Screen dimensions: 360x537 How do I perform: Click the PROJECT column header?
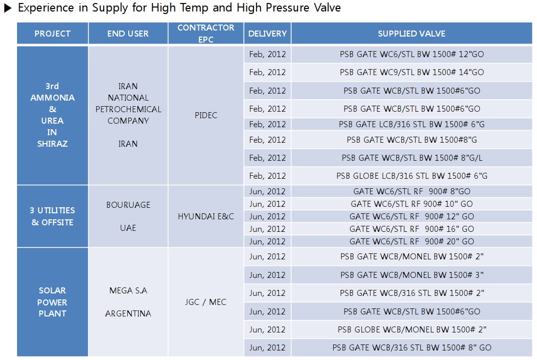[52, 34]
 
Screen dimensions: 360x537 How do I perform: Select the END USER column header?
[128, 34]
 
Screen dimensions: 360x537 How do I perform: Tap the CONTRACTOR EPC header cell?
[206, 33]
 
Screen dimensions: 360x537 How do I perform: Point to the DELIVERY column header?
[267, 34]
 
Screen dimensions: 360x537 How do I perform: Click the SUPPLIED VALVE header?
[411, 34]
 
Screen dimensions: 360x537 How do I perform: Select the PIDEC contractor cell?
[206, 115]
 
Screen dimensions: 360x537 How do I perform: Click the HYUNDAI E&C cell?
[206, 216]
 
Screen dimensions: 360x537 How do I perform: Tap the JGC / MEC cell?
[206, 302]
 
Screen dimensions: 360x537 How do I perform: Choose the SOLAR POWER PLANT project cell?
[52, 302]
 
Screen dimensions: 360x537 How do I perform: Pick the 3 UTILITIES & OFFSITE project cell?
[52, 216]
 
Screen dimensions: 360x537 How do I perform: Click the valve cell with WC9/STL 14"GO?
[411, 72]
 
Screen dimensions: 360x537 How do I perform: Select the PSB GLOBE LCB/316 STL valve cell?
[411, 176]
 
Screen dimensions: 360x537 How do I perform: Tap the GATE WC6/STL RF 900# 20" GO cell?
[411, 241]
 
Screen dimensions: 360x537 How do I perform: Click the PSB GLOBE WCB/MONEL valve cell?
[411, 329]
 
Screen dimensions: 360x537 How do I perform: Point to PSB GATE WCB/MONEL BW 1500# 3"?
[411, 275]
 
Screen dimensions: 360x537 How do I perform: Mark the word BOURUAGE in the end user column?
[128, 205]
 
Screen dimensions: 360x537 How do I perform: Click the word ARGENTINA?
[128, 313]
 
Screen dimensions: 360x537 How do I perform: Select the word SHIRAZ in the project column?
[52, 144]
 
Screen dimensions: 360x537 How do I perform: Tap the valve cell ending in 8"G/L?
[411, 158]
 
